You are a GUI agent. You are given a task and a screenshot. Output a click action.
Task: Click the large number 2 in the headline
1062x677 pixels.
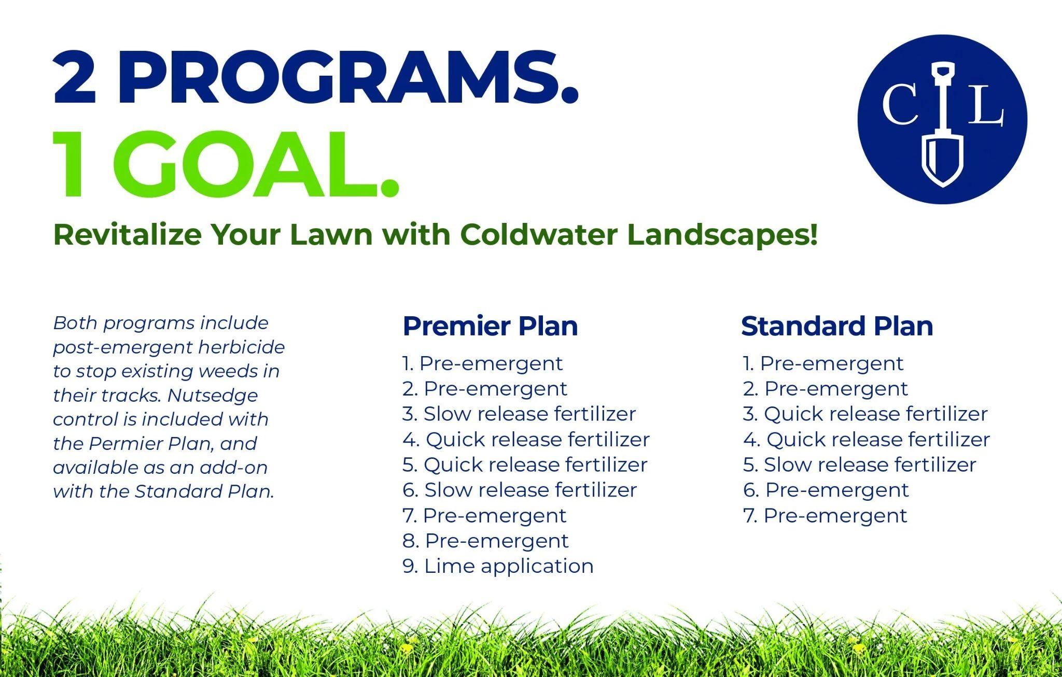click(74, 79)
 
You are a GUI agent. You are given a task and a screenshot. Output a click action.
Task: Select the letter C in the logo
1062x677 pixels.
click(901, 104)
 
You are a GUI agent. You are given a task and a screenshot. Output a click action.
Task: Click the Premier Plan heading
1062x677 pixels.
click(490, 326)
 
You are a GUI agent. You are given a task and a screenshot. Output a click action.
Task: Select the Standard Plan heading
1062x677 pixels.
click(837, 326)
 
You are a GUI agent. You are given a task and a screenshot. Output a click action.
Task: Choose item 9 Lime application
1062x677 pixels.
click(498, 566)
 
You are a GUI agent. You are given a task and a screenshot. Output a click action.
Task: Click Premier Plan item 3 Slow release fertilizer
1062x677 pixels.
click(519, 414)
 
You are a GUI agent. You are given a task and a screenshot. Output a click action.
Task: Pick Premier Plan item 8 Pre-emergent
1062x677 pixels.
click(485, 541)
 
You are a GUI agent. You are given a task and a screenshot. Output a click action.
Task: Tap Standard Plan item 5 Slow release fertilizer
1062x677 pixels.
click(860, 464)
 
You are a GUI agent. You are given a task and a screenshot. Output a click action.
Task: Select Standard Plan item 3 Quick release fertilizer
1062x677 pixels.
click(865, 414)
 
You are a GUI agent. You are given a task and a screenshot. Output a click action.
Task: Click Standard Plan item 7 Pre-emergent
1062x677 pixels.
click(825, 515)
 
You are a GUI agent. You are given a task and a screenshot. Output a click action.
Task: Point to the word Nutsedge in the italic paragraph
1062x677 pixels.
click(213, 396)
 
